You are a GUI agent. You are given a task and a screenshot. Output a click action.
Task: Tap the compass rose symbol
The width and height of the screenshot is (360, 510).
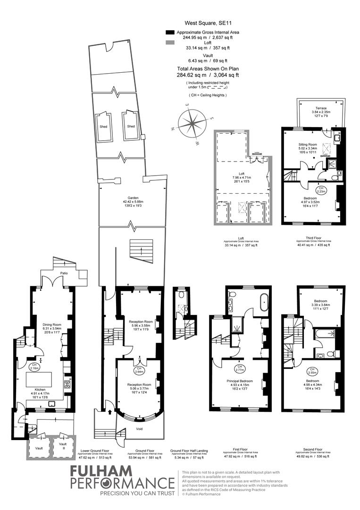point(193,123)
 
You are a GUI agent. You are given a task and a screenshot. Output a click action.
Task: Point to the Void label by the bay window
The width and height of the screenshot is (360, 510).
point(139,429)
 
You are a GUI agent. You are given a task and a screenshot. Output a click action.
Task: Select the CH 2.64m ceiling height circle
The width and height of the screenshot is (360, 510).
point(139,370)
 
